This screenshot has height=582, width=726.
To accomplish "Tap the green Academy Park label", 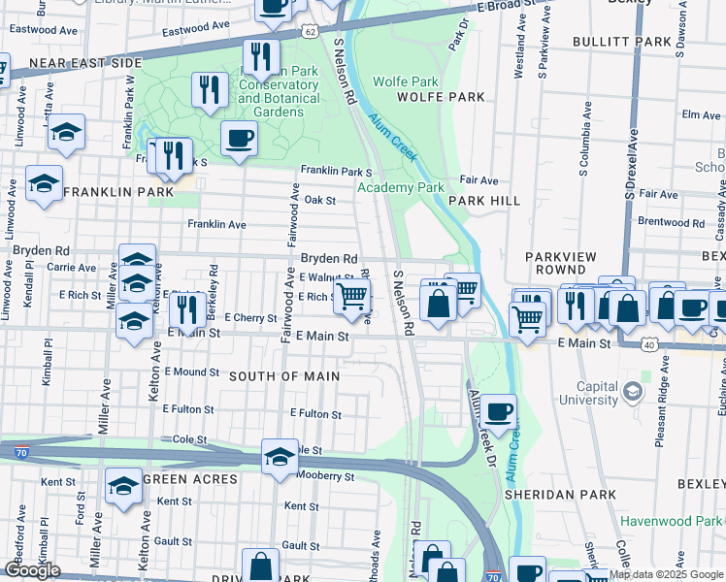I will click(400, 187).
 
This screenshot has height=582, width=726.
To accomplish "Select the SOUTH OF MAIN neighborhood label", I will click(284, 376).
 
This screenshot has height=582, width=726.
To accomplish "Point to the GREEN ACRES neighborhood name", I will click(189, 479).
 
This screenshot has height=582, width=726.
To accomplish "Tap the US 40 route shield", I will click(646, 344).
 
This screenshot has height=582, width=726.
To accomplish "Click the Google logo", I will click(31, 570).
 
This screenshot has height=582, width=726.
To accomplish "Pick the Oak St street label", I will click(319, 200).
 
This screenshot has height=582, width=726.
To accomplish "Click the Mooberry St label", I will click(325, 476).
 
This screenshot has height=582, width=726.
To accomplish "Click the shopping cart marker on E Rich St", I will click(353, 296).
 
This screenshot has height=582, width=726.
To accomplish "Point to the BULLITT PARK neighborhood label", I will click(621, 43).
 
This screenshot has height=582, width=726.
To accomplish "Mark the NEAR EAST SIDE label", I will click(85, 63).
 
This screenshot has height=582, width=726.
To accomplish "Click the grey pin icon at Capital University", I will click(633, 391).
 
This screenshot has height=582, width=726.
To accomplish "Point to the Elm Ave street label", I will click(701, 114).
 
